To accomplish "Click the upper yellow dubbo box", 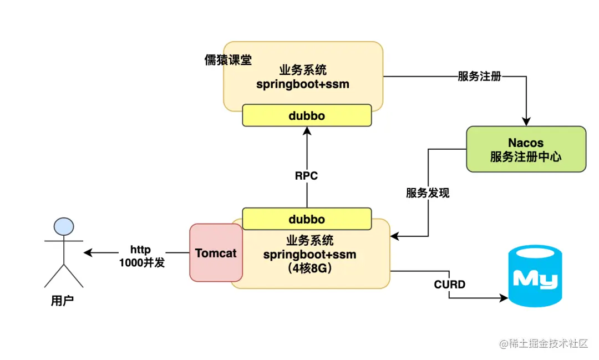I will click(307, 116).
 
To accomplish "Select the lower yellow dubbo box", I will click(307, 219).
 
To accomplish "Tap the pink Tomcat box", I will click(216, 253).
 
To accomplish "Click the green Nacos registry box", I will click(525, 149).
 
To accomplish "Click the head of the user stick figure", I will click(63, 226).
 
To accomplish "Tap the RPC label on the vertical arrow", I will click(306, 176).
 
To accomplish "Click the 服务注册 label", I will click(479, 77).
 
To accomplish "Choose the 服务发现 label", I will click(428, 193).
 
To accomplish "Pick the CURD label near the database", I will click(449, 285).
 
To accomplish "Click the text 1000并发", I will click(142, 263).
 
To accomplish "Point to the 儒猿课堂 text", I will click(228, 60).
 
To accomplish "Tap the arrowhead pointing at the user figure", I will click(88, 253).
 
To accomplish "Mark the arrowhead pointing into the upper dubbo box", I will click(307, 130).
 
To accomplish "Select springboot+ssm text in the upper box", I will click(303, 84).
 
